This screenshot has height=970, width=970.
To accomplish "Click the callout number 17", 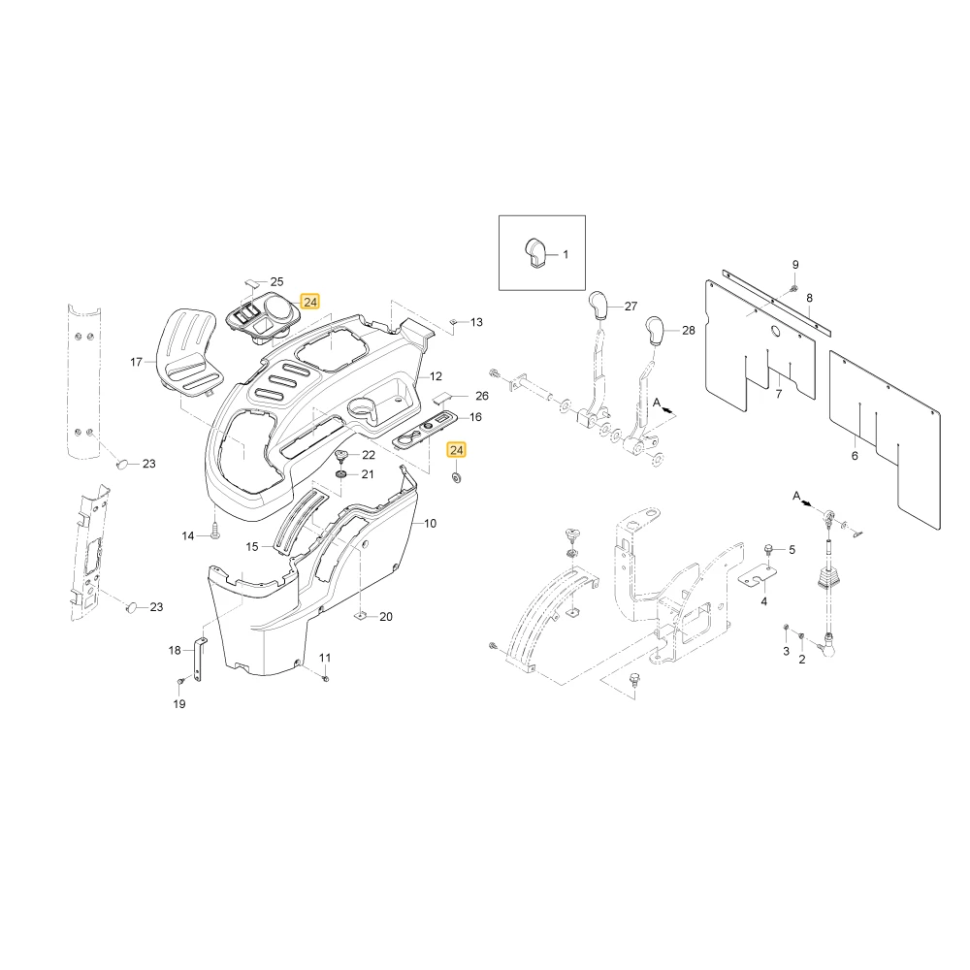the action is pos(136,362).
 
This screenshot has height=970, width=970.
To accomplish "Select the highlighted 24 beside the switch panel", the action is pos(310,302).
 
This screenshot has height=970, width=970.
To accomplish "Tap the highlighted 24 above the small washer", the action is pos(457,450).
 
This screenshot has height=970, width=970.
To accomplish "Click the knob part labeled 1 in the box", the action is pos(535,253).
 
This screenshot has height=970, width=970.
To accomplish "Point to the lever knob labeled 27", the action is pos(598,304).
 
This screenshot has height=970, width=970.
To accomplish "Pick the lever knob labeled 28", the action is pos(655,329).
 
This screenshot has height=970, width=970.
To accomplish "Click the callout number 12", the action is pos(436,376).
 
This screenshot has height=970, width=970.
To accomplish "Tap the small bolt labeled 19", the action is pos(180,681).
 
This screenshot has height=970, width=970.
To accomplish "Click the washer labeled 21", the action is pos(340,474).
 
